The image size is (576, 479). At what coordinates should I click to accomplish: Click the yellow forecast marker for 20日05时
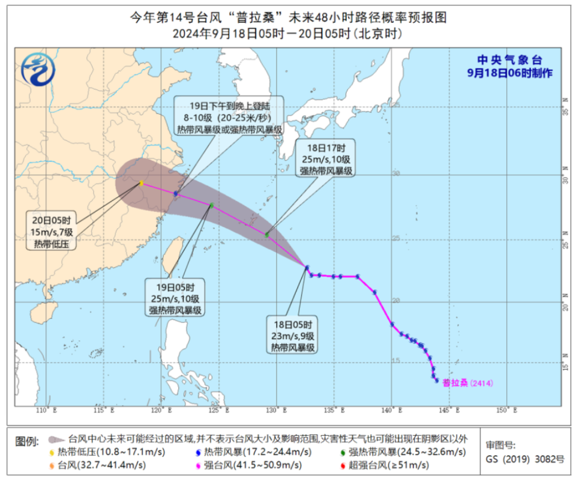tap(141, 183)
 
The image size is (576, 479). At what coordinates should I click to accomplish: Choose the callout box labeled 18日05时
tap(292, 334)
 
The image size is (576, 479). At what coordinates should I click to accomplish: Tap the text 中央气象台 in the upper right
tap(509, 60)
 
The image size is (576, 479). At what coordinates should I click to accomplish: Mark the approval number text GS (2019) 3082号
tap(524, 459)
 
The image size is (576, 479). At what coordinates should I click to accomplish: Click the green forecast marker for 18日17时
tap(267, 235)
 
